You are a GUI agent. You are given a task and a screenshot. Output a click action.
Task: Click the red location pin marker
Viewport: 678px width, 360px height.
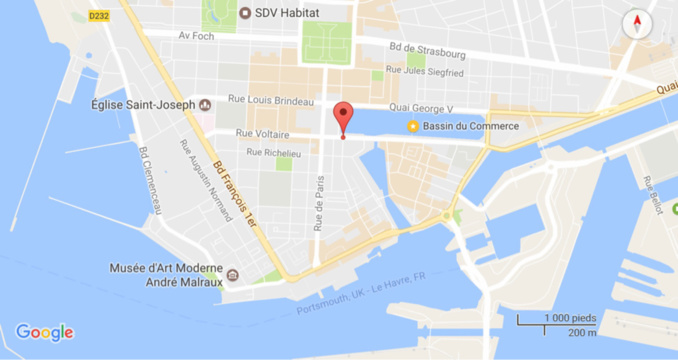point(343,116)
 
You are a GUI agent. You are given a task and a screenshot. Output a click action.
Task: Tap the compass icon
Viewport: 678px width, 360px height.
point(636,25)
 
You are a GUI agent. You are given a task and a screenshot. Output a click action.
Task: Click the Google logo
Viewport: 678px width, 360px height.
point(44,333)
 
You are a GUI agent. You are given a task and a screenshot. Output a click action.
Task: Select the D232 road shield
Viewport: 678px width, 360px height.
point(98,16)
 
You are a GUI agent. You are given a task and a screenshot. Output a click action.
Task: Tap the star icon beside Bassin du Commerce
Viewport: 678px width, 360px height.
point(411,126)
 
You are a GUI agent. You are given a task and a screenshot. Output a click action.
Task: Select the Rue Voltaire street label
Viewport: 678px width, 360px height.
point(262,134)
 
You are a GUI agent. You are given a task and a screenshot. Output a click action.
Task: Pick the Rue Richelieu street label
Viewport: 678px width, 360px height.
point(274,153)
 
